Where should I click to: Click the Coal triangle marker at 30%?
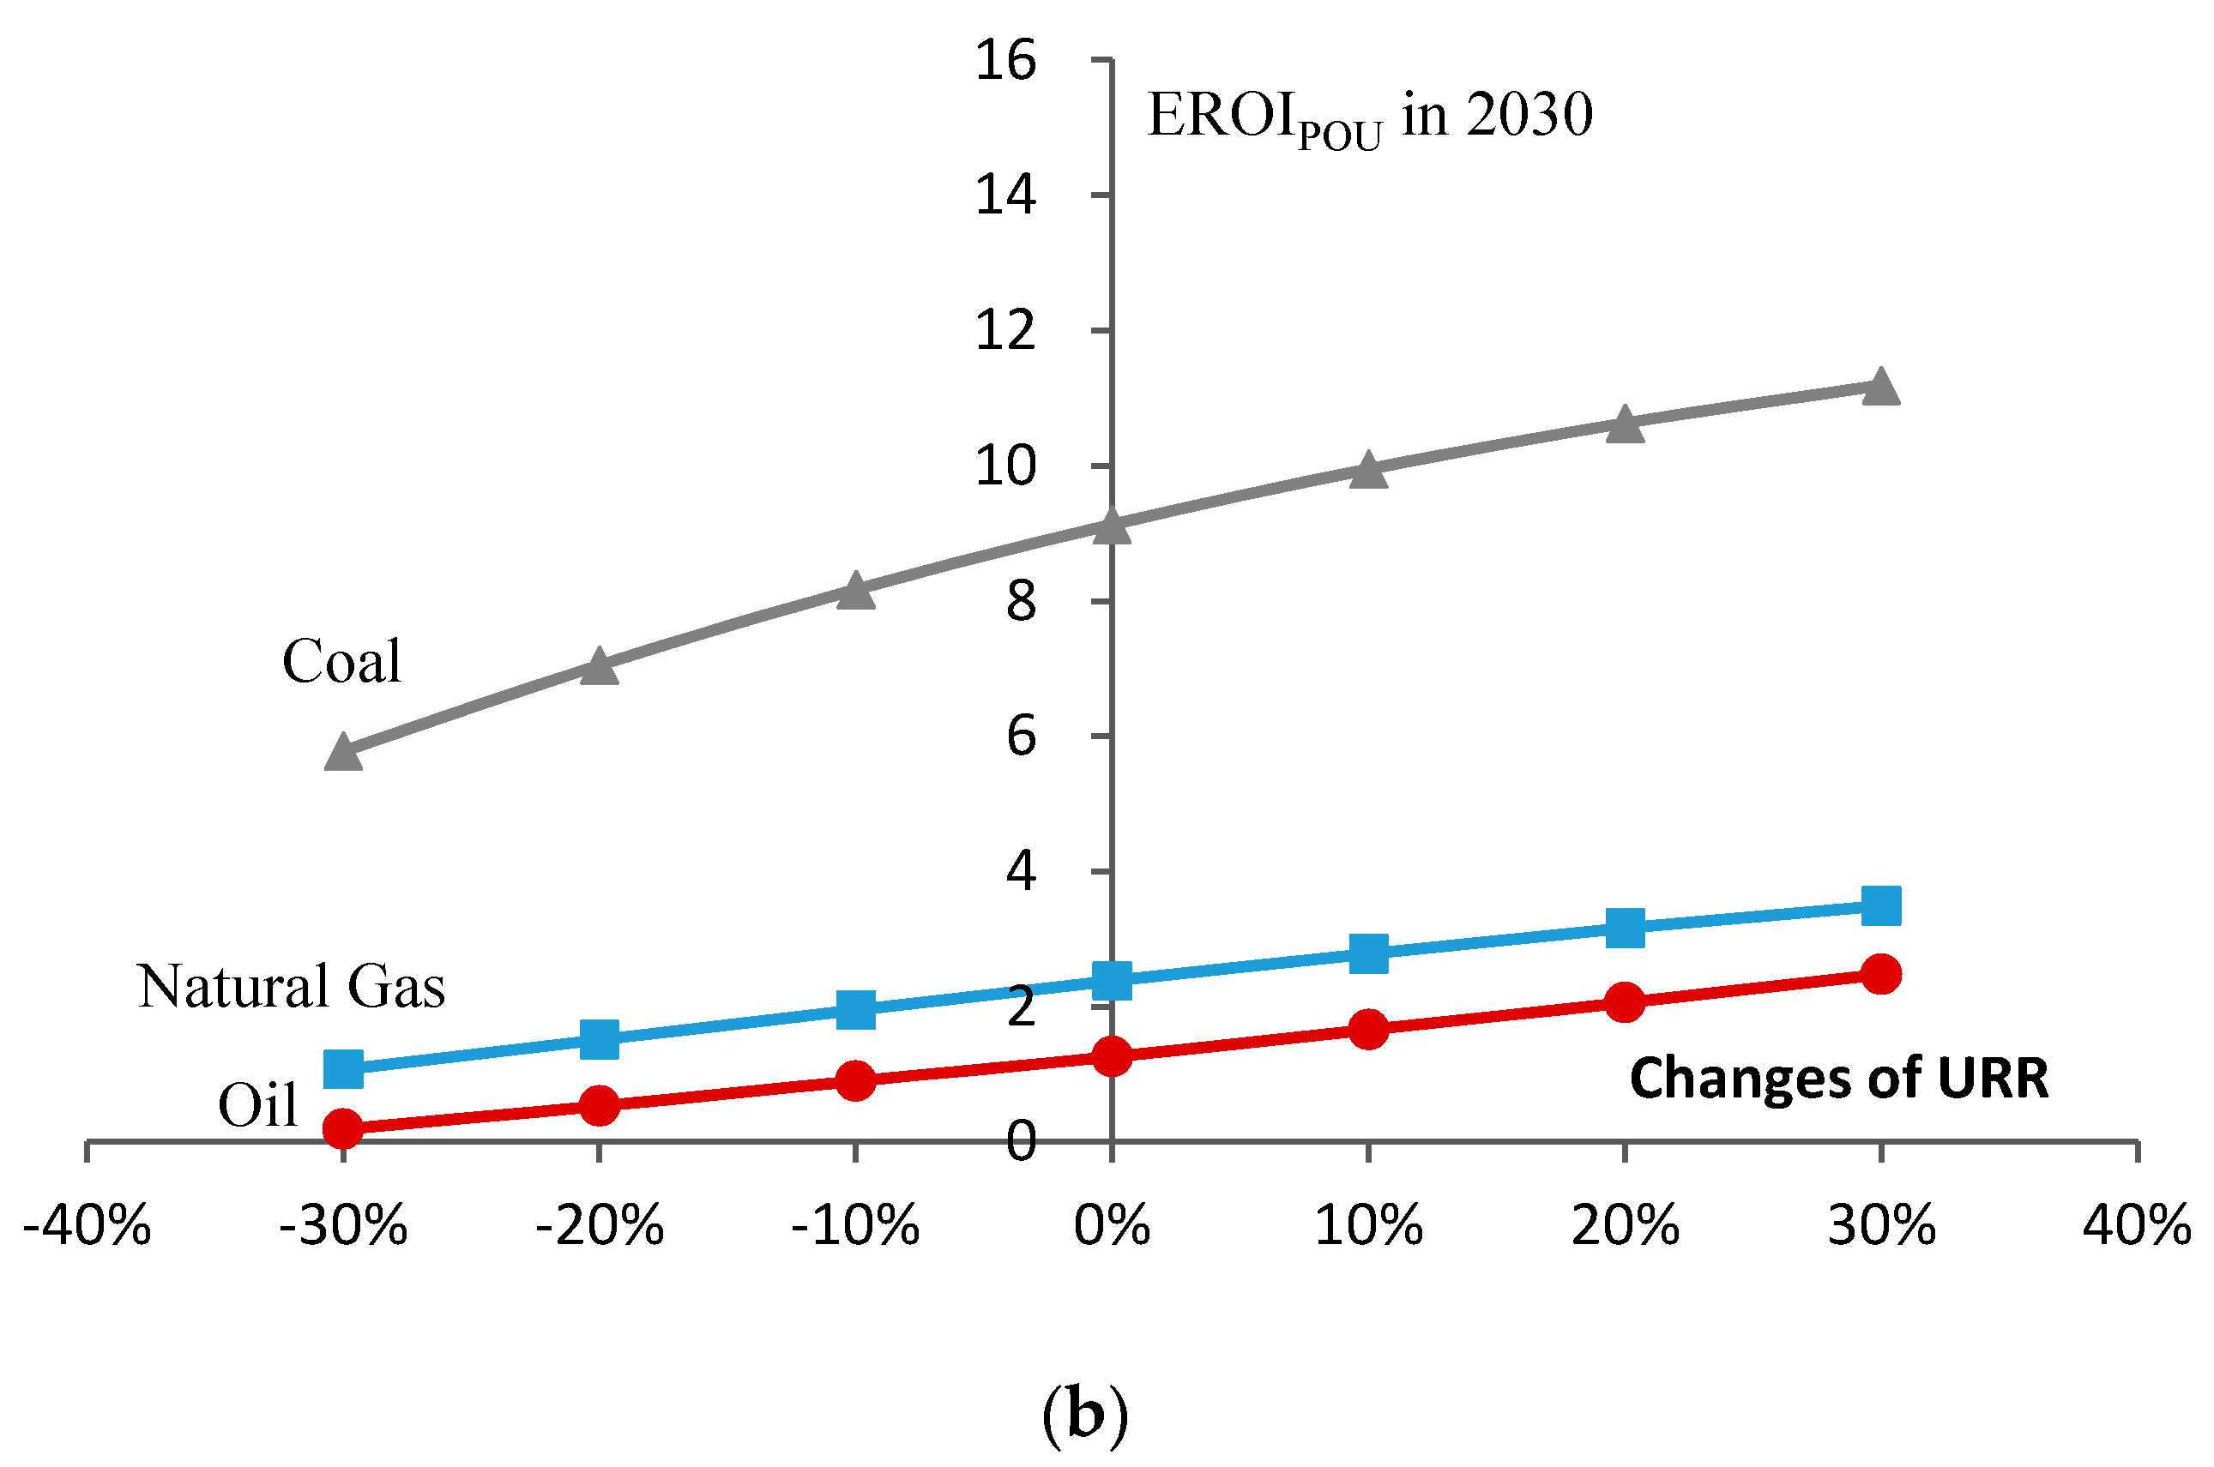[1880, 388]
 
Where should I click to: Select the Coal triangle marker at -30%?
[343, 753]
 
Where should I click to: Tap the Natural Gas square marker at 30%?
[1880, 905]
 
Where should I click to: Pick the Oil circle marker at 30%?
[1880, 974]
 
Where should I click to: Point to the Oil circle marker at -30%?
[343, 1128]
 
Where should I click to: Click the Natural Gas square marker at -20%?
[599, 1038]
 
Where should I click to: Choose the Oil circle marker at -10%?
[854, 1080]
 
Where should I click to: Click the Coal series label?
[341, 661]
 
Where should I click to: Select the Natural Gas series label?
[291, 986]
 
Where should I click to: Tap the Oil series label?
[257, 1105]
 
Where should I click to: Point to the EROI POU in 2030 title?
[1369, 117]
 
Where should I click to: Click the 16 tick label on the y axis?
[1005, 61]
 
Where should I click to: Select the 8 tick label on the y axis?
[1021, 602]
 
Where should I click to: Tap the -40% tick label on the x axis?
[87, 1224]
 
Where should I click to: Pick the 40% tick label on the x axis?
[2136, 1224]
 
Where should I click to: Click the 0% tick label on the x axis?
[1112, 1224]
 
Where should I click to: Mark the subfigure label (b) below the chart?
[1085, 1416]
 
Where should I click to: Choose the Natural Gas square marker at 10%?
[1367, 953]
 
